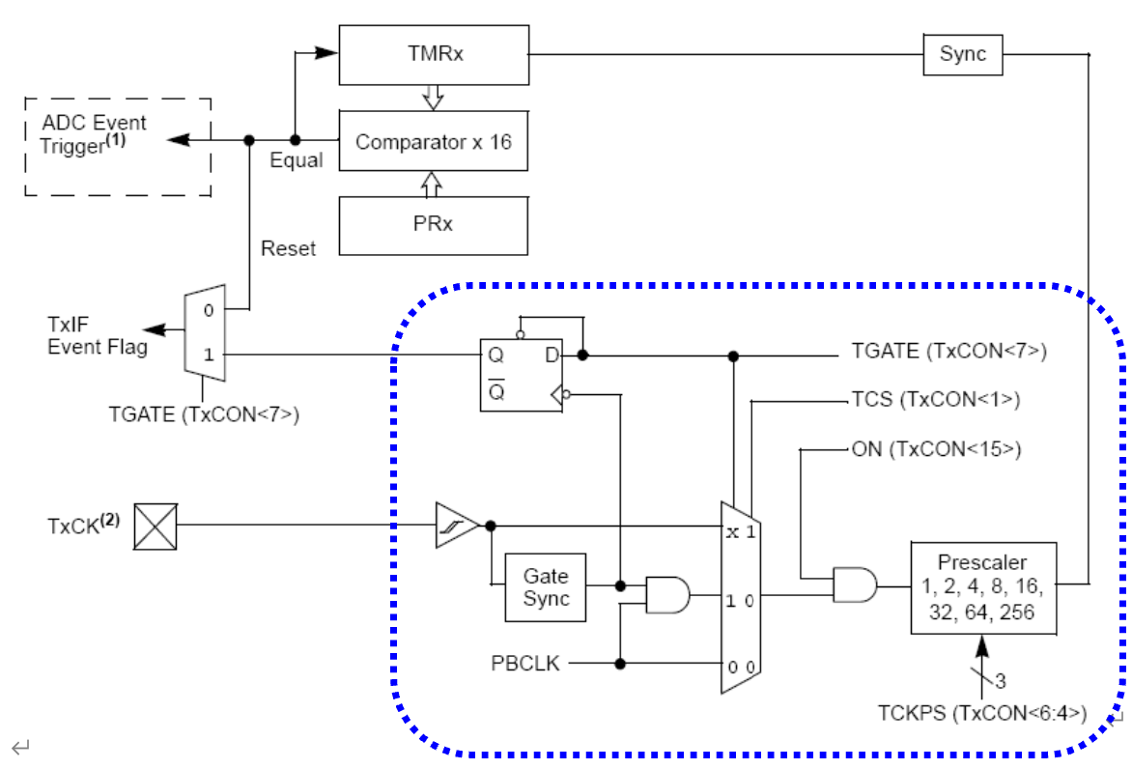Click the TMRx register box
coord(433,54)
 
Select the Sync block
coord(962,54)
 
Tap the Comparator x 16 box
coord(433,142)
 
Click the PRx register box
coord(433,225)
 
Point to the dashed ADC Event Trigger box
coord(117,147)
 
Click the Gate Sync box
coord(546,586)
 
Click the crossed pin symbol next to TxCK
coord(155,527)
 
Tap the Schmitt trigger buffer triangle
coord(456,526)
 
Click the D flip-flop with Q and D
coord(522,375)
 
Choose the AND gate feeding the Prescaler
coord(855,584)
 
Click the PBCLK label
coord(525,664)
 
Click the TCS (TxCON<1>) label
coord(935,399)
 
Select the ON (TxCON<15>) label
coord(935,449)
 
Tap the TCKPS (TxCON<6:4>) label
coord(982,714)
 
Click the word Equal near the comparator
coord(296,160)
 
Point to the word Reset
coord(288,248)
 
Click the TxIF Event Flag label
coord(98,335)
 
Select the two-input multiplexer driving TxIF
coord(204,332)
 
